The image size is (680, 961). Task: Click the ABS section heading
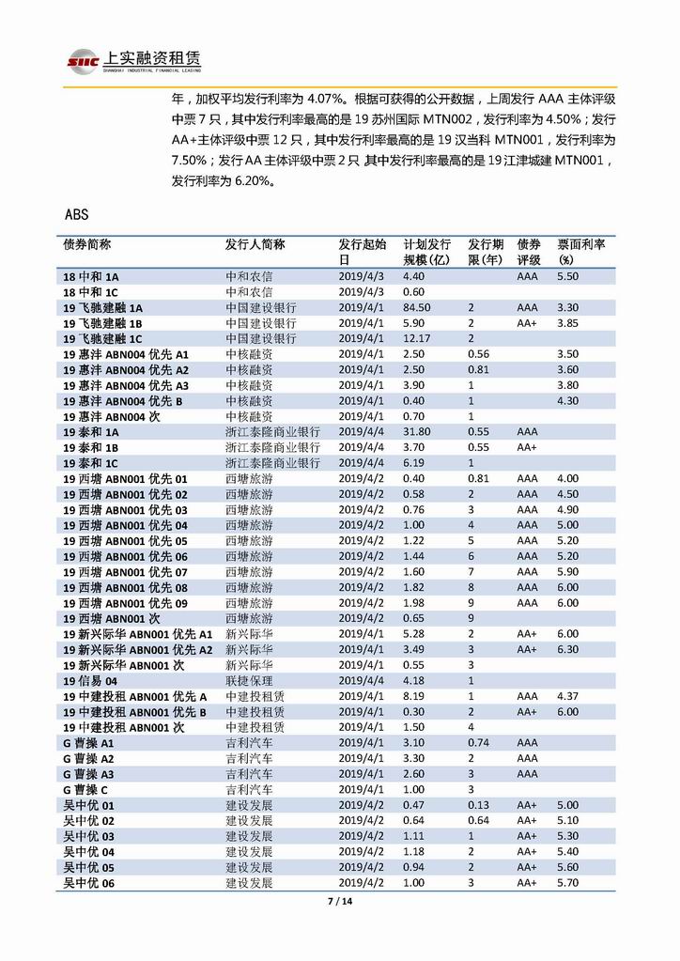pyautogui.click(x=77, y=214)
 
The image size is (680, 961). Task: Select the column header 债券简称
pyautogui.click(x=87, y=244)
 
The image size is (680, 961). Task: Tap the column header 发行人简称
pyautogui.click(x=255, y=244)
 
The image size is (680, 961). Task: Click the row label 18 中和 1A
pyautogui.click(x=91, y=277)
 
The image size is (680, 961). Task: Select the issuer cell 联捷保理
pyautogui.click(x=249, y=680)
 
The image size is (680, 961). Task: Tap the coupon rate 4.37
pyautogui.click(x=568, y=696)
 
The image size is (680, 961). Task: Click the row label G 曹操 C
pyautogui.click(x=85, y=789)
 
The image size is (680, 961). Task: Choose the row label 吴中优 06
pyautogui.click(x=88, y=883)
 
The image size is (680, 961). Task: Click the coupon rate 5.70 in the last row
pyautogui.click(x=568, y=883)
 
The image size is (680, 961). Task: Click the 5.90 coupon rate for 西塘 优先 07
pyautogui.click(x=568, y=572)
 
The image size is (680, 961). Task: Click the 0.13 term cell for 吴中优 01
pyautogui.click(x=478, y=805)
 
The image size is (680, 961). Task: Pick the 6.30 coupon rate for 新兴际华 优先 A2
pyautogui.click(x=568, y=649)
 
